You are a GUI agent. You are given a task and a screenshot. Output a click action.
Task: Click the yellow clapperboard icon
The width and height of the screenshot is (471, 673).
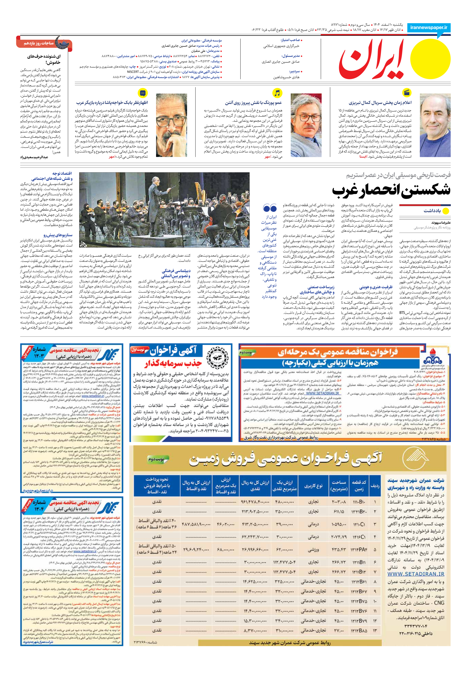click(407, 93)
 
